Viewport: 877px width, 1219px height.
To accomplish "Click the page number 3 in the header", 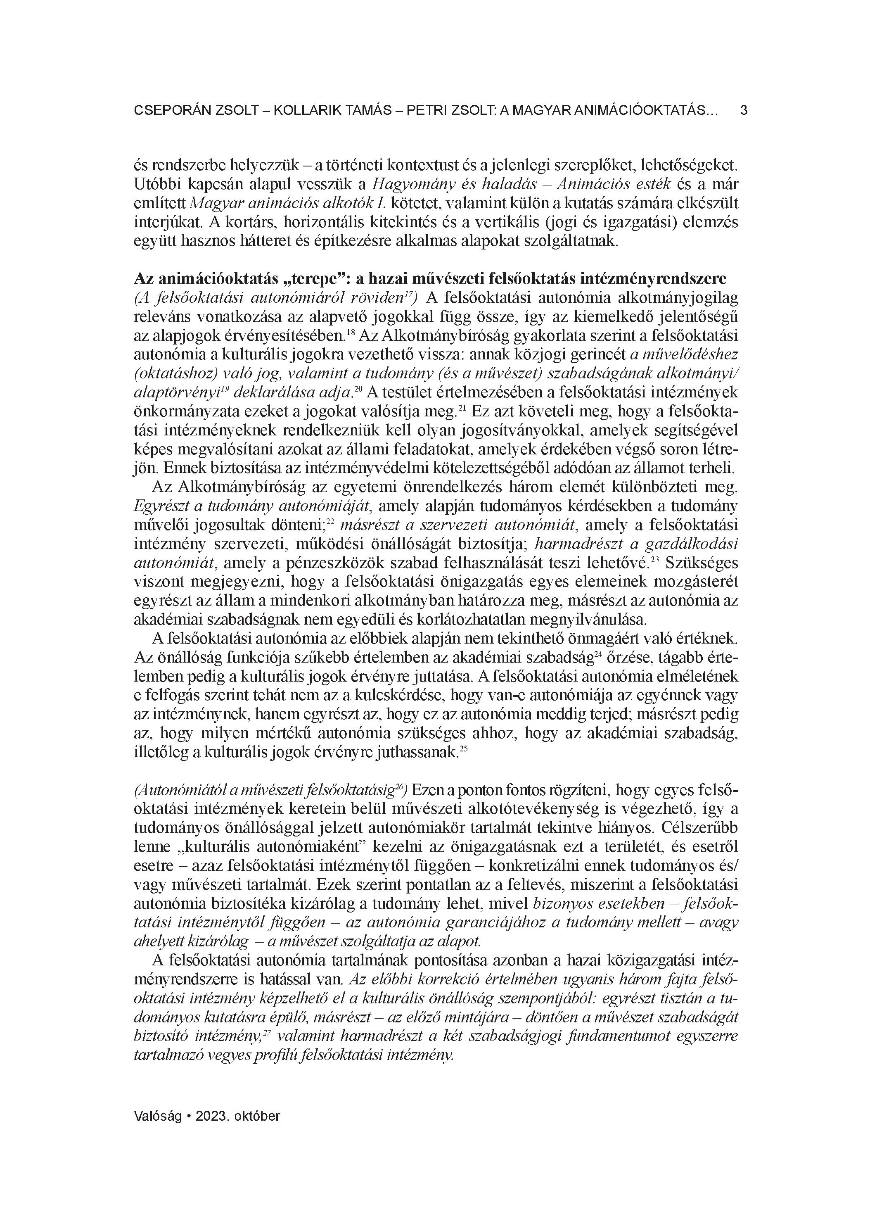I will [744, 111].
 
